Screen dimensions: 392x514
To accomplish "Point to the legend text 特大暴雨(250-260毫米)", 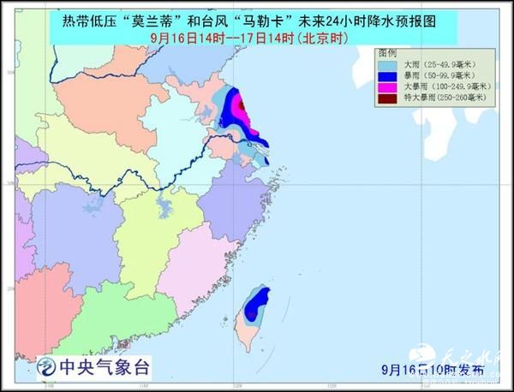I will [440, 98].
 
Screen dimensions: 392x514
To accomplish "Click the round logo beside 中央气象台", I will [44, 369].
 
